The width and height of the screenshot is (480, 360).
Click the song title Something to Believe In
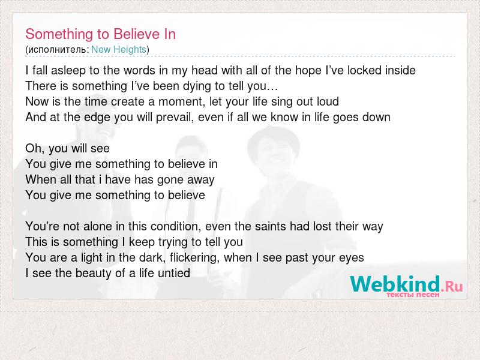pyautogui.click(x=100, y=34)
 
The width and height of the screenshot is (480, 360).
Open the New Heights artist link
pyautogui.click(x=119, y=50)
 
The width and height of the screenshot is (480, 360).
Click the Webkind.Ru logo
pyautogui.click(x=406, y=284)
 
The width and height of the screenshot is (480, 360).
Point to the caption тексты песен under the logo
pyautogui.click(x=413, y=295)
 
